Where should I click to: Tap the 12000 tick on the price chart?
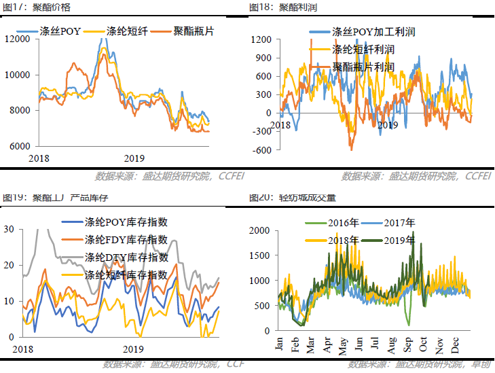[17, 39]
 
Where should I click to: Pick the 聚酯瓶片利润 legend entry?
[363, 67]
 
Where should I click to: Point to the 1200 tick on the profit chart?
[261, 39]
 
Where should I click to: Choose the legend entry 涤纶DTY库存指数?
[126, 257]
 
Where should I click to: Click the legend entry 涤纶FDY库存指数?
[126, 240]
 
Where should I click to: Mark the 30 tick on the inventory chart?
[9, 230]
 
